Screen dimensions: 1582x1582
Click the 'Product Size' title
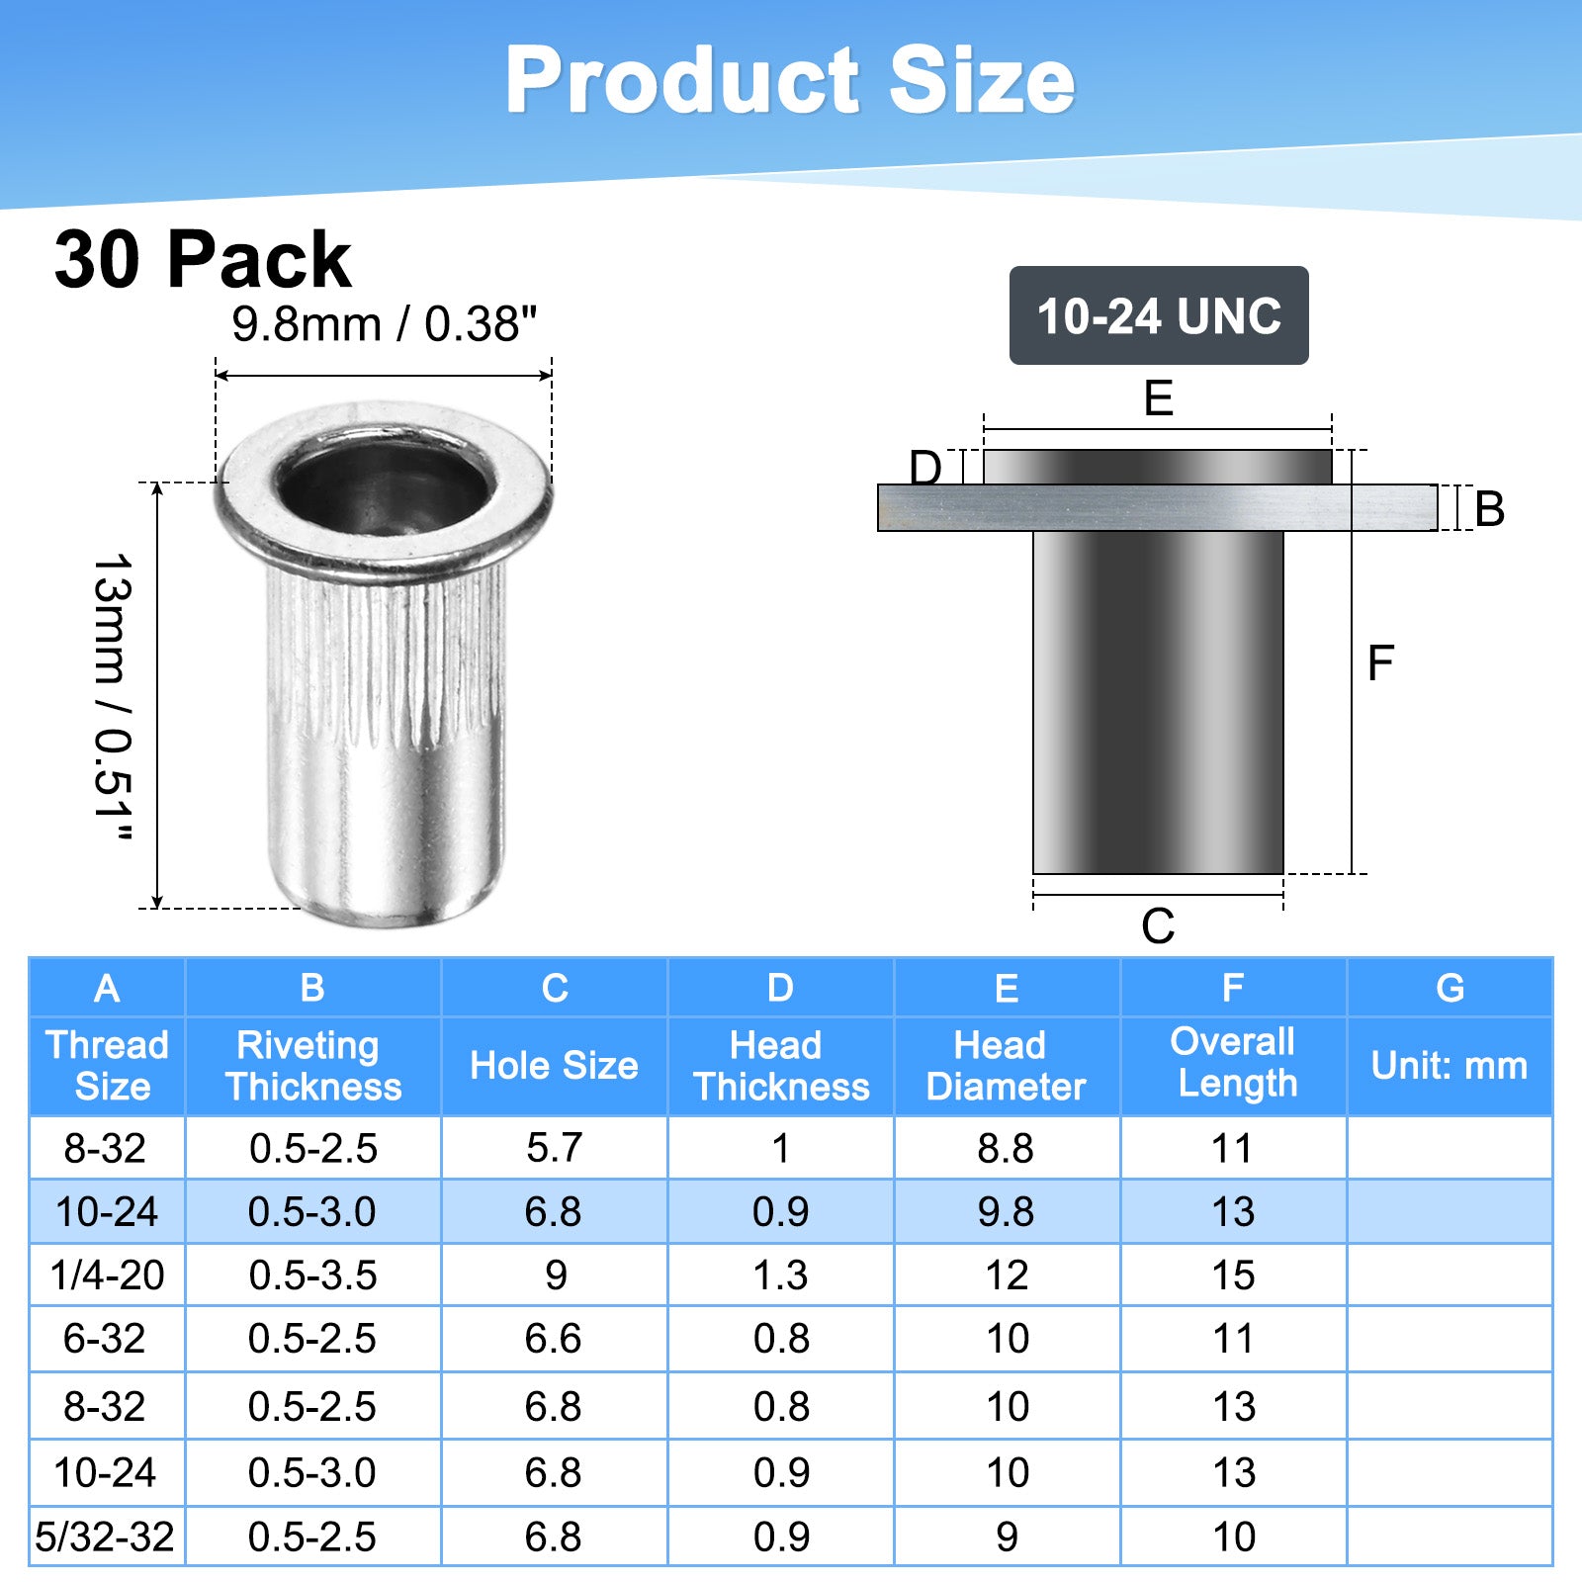tap(790, 80)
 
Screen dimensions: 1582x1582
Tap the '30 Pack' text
tap(203, 259)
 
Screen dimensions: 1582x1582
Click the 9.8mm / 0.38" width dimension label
tap(384, 323)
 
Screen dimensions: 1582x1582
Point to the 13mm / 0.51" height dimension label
tap(112, 698)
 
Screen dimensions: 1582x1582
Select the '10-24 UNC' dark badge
tap(1159, 315)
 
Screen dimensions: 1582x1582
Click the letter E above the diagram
tap(1158, 397)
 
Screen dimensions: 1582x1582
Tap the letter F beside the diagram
tap(1380, 662)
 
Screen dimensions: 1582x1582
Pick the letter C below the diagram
tap(1158, 926)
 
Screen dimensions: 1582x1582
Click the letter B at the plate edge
tap(1489, 509)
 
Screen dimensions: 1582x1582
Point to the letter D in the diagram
tap(925, 467)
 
